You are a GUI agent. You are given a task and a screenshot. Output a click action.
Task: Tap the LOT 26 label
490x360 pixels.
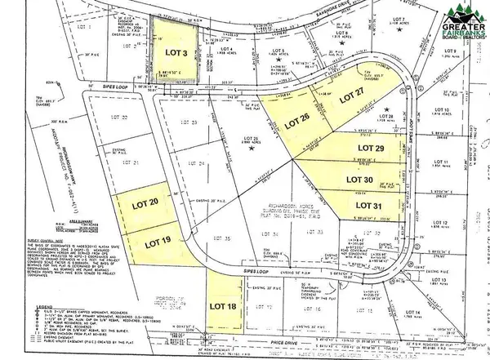(296, 124)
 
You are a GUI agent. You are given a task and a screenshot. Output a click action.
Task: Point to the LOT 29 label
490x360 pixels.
(369, 149)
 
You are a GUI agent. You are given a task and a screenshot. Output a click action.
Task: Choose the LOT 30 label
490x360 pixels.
(360, 179)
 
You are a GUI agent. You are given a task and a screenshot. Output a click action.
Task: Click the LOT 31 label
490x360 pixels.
(367, 205)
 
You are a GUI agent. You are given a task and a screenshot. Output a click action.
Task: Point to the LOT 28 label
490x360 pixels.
(386, 118)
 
